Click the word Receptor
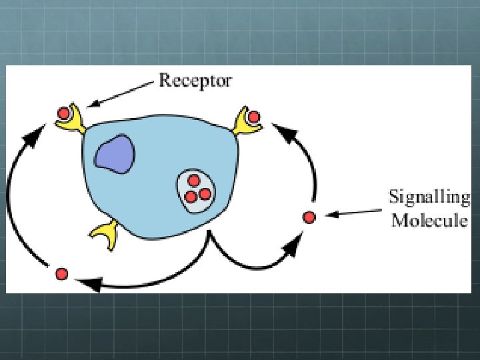(195, 81)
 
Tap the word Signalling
(429, 198)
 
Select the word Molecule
(429, 220)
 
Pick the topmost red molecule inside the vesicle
(194, 181)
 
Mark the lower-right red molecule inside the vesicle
(205, 194)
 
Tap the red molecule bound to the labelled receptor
(64, 113)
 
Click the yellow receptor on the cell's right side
(245, 122)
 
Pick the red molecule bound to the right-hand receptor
(253, 117)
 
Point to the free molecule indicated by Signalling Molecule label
(308, 217)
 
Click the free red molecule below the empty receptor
(61, 273)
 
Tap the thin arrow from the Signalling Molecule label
(353, 213)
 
